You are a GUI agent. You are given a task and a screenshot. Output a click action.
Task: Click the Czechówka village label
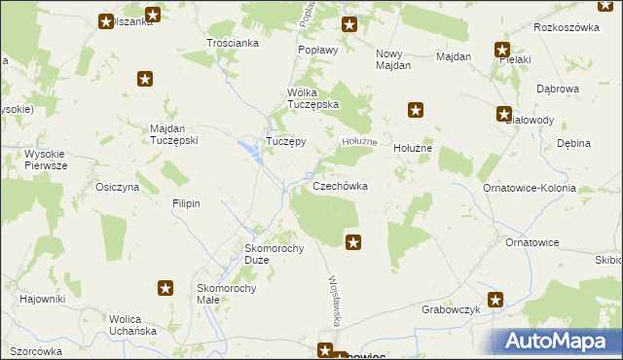point(339,186)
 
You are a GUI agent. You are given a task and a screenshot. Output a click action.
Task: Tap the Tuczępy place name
point(286,141)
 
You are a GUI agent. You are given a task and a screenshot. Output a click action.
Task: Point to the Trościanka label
point(233,43)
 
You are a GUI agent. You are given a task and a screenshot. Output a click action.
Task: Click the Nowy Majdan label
point(393,58)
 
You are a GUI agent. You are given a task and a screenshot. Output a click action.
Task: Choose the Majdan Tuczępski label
point(174,134)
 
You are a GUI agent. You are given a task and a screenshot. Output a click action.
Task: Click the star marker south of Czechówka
point(353,242)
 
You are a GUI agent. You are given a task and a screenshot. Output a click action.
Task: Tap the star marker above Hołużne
point(417,111)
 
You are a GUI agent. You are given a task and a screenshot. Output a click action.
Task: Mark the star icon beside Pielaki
point(502,50)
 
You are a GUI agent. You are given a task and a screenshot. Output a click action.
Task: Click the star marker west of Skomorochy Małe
point(165,288)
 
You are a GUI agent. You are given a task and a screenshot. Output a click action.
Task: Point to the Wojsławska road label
point(336,302)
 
